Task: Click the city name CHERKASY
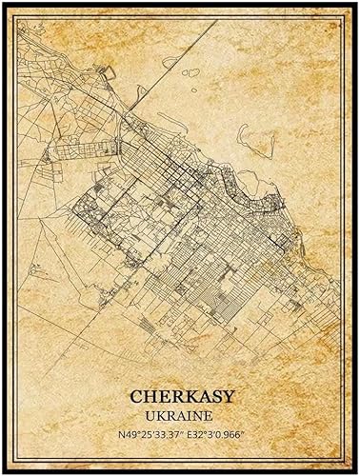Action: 180,394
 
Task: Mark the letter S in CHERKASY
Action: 210,394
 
